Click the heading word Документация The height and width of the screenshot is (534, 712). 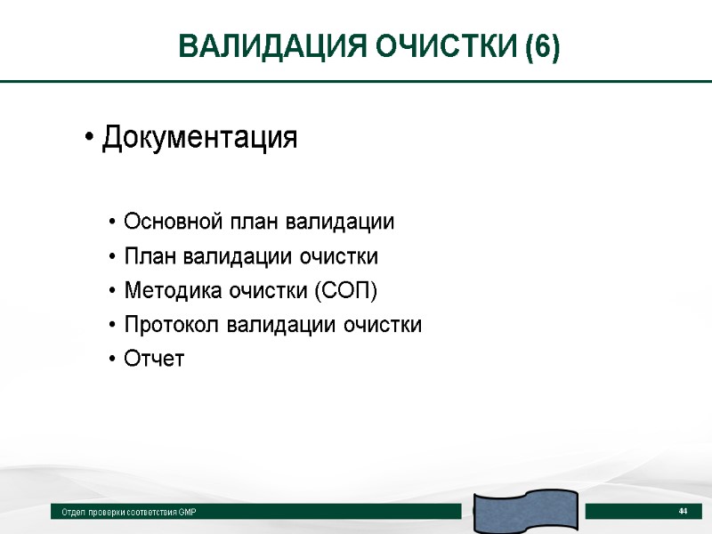pyautogui.click(x=199, y=139)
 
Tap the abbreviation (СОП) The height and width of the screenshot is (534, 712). pyautogui.click(x=345, y=291)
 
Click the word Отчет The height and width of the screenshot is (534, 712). pyautogui.click(x=154, y=360)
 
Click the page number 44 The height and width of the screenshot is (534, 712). pyautogui.click(x=684, y=511)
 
